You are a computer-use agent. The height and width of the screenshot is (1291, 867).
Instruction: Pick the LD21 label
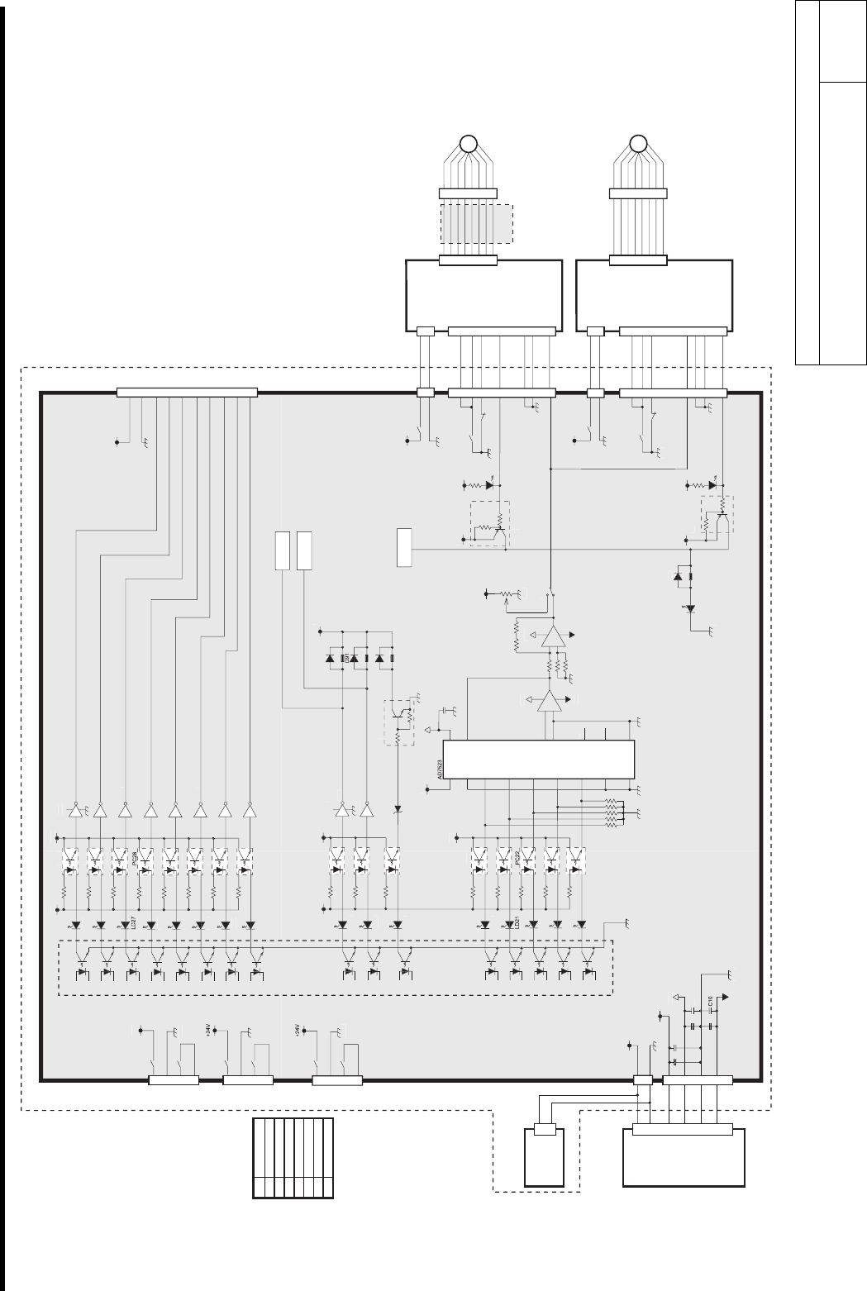(x=517, y=925)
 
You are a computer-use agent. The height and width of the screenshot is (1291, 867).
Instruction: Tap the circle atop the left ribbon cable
(x=468, y=143)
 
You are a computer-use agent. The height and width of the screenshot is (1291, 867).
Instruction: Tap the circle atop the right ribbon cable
(x=637, y=143)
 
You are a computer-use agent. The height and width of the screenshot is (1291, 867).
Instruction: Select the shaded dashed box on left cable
(x=476, y=223)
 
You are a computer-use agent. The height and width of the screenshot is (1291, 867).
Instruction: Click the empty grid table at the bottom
(x=293, y=1157)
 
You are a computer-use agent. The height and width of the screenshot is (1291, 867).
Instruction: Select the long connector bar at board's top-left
(x=187, y=391)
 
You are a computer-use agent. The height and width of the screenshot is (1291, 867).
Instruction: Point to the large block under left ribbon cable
(x=484, y=294)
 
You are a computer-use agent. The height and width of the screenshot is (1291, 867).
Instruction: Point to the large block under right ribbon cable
(x=654, y=294)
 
